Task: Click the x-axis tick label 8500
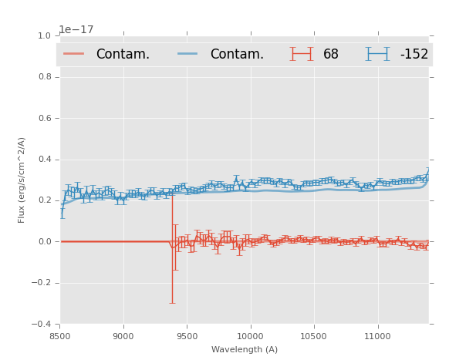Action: tap(60, 336)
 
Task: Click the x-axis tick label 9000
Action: tap(123, 336)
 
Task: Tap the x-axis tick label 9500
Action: tap(187, 336)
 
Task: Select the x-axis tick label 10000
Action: tap(250, 336)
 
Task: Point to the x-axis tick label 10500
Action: tap(314, 336)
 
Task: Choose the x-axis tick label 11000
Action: tap(377, 336)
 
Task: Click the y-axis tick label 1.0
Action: tap(44, 36)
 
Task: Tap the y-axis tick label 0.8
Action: tap(44, 77)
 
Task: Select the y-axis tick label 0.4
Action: tap(44, 160)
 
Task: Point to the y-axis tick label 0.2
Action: tap(44, 200)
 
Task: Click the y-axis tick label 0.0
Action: tap(44, 242)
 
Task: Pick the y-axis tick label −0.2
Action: tap(42, 283)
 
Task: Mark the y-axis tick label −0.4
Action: tap(42, 325)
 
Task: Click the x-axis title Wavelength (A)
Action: tap(245, 350)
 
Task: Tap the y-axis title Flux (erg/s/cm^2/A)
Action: tap(22, 180)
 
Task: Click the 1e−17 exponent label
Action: tap(76, 30)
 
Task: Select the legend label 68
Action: tap(331, 55)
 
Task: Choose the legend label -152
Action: tap(414, 55)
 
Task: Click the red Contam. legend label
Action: tap(123, 55)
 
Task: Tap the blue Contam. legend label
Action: tap(237, 55)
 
